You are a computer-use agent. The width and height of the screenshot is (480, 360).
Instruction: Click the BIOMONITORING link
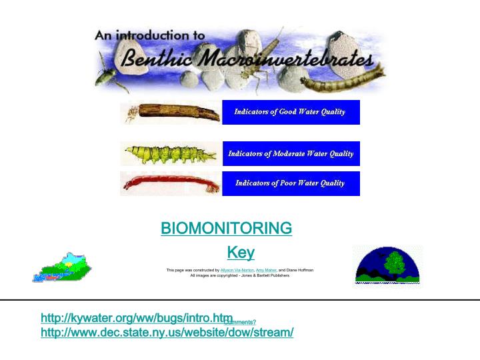pos(226,228)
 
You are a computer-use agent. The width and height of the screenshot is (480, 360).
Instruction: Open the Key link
pos(241,252)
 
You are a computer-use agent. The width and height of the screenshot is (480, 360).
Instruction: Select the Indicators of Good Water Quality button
pos(290,112)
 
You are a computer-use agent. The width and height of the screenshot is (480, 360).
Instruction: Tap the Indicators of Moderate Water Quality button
pos(290,154)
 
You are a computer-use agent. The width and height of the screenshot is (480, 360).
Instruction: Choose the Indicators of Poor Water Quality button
pos(290,183)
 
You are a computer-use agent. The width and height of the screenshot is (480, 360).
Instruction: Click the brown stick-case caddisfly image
pos(171,112)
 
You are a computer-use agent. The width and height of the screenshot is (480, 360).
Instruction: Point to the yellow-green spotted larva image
pos(171,154)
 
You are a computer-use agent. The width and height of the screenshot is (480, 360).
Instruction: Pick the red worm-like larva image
pos(171,183)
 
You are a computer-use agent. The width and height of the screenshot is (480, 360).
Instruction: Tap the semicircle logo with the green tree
pos(388,265)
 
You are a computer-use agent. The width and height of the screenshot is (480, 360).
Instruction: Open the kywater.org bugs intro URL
pos(137,318)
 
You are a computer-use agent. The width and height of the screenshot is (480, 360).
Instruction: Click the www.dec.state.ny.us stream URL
pos(167,332)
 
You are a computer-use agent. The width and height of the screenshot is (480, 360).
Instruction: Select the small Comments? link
pos(241,322)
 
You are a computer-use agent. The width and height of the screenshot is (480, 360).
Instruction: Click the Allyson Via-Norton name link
pos(237,270)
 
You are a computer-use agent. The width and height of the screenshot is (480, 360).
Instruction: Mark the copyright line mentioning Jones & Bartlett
pos(240,275)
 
